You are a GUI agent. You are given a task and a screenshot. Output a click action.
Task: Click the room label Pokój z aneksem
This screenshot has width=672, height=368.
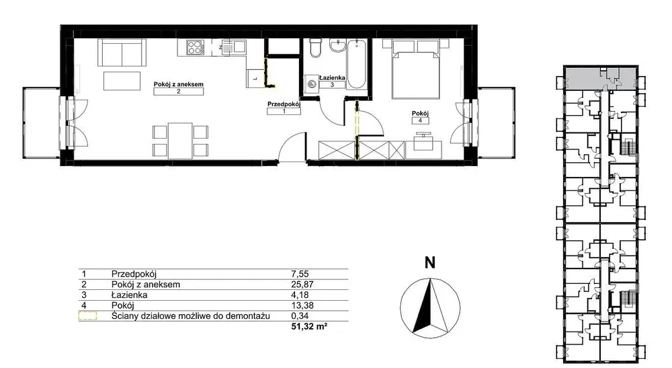[178, 85]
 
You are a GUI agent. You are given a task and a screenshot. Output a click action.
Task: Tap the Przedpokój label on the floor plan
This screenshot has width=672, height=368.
[284, 104]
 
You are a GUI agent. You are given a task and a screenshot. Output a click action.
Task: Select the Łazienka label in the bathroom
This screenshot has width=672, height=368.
[332, 77]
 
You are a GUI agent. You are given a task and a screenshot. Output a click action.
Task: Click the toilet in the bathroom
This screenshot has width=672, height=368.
[315, 48]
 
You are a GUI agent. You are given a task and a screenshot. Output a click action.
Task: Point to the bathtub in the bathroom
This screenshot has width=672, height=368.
[356, 64]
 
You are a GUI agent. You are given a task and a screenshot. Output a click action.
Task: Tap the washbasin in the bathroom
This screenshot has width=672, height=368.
[338, 45]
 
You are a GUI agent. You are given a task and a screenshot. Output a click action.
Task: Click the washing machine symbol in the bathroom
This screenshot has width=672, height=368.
[311, 84]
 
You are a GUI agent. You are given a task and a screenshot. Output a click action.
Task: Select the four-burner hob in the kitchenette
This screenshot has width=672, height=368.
[196, 46]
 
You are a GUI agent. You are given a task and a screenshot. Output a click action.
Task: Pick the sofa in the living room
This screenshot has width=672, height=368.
[122, 52]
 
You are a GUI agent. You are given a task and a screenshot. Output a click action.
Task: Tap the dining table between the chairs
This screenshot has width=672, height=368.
[180, 141]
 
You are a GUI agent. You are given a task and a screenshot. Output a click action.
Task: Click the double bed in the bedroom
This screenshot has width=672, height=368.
[416, 69]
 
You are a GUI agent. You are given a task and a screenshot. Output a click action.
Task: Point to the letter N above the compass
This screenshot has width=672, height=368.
[429, 262]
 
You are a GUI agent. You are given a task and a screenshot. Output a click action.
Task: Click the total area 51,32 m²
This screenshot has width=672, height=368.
[309, 327]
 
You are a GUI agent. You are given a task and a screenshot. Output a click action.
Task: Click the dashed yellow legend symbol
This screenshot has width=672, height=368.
[87, 316]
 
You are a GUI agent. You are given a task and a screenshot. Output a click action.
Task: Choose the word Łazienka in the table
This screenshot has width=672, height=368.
[130, 295]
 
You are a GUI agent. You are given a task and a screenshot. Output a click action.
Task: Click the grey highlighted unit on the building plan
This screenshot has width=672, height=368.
[600, 77]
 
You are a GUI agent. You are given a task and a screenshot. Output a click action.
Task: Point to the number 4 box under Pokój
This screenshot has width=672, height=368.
[420, 120]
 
